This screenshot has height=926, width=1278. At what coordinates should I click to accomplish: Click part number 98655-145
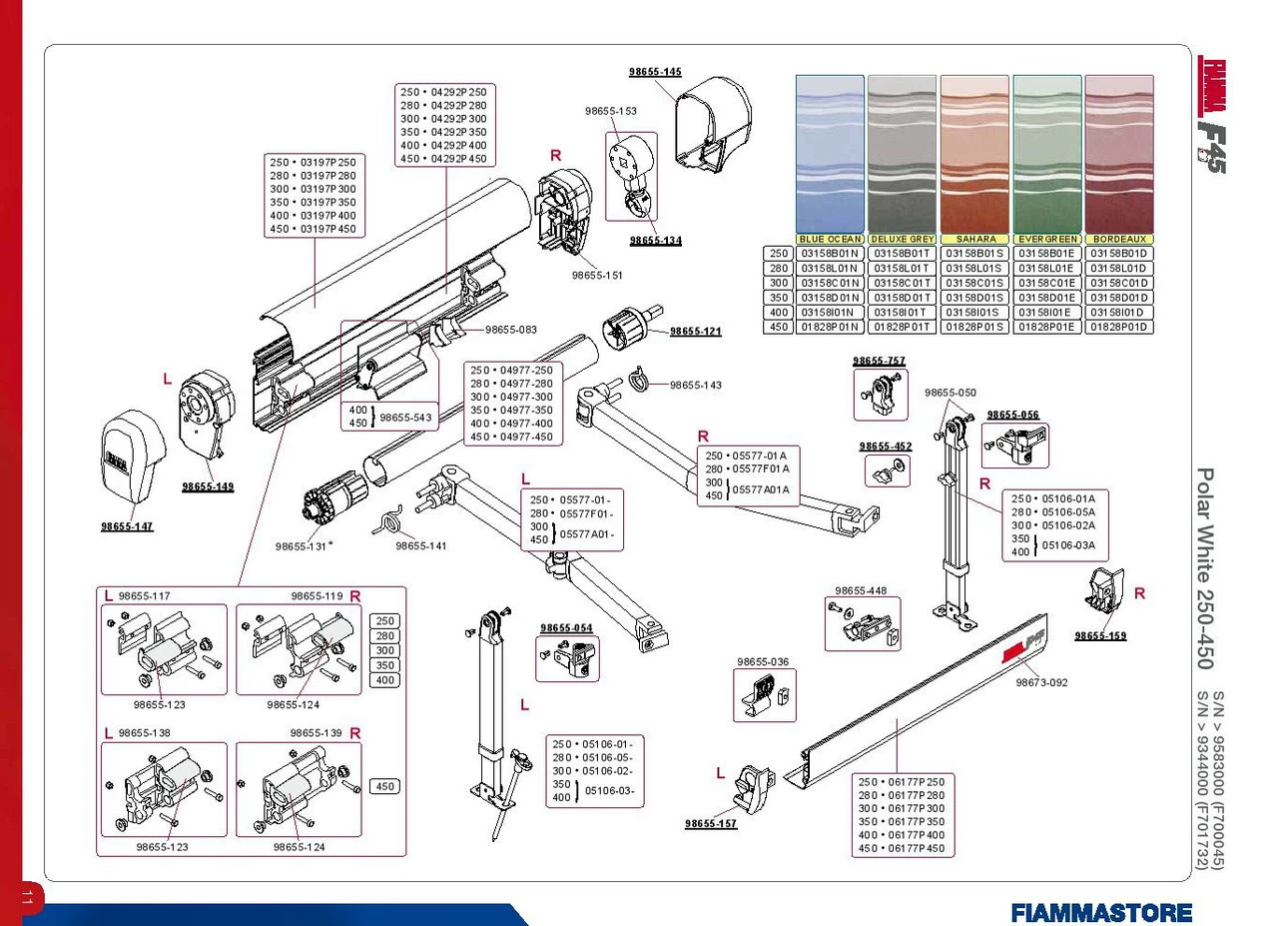[655, 72]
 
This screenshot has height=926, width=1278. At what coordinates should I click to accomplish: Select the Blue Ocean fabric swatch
[830, 154]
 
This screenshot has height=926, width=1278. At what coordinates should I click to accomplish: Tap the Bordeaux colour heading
[1119, 240]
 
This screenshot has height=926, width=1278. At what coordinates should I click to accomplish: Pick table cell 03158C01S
[974, 283]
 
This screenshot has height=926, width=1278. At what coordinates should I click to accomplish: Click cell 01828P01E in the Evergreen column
[1046, 327]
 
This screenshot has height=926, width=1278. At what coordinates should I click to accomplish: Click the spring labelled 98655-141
[390, 519]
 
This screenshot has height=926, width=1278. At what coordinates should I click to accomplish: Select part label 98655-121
[695, 332]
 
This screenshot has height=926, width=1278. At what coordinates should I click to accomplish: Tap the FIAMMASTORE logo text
[1100, 912]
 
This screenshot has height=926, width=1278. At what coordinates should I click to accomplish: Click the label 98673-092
[1041, 683]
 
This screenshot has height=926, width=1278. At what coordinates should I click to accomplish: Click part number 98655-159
[1100, 635]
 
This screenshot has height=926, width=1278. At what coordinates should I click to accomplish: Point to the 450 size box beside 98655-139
[385, 787]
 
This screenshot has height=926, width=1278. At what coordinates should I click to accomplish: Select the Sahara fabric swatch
[974, 154]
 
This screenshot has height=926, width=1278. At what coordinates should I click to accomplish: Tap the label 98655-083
[511, 330]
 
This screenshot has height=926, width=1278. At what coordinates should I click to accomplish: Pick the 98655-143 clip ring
[639, 381]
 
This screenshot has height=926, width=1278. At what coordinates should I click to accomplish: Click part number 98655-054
[566, 628]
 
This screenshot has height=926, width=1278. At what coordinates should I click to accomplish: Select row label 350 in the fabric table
[777, 298]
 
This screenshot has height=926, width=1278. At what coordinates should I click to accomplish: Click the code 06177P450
[901, 849]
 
